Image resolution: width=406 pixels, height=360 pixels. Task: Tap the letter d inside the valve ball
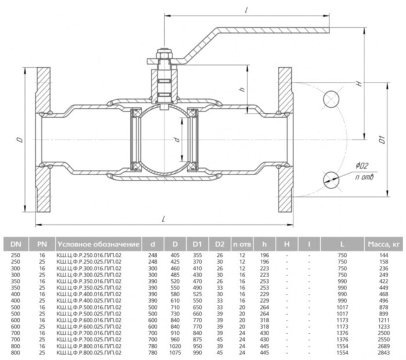click(x=175, y=140)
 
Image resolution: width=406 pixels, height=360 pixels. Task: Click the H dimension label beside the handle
click(x=360, y=83)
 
